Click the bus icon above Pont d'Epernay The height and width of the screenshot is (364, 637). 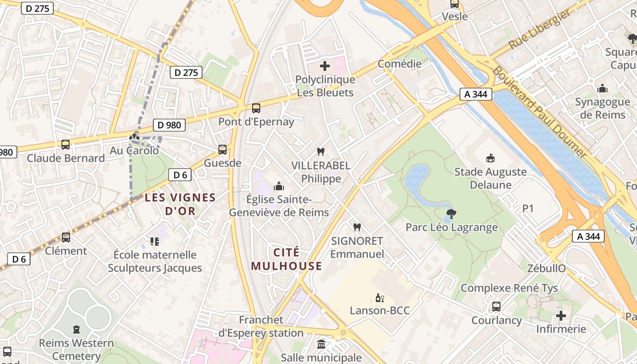(256, 108)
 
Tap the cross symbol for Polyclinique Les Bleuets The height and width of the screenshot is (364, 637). (325, 66)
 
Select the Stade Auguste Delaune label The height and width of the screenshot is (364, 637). (490, 178)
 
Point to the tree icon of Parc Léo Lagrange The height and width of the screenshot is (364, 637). (451, 213)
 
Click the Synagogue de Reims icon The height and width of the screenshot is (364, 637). (602, 88)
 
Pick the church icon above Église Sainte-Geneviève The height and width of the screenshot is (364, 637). (279, 186)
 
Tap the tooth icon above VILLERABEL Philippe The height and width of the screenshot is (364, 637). (321, 152)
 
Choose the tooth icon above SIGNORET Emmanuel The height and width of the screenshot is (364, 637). (357, 227)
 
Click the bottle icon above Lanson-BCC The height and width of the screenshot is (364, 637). (379, 298)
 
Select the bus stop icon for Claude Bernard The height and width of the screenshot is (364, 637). (66, 145)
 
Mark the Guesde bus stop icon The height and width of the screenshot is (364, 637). (222, 149)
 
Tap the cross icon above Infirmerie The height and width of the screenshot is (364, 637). (561, 315)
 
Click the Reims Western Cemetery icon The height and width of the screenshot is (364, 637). (76, 329)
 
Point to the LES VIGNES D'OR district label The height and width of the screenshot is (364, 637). (180, 204)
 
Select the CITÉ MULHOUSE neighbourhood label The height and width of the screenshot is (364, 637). (286, 259)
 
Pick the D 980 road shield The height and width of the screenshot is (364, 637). (169, 125)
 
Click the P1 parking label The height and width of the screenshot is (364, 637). (528, 209)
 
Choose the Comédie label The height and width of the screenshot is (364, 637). (399, 64)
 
